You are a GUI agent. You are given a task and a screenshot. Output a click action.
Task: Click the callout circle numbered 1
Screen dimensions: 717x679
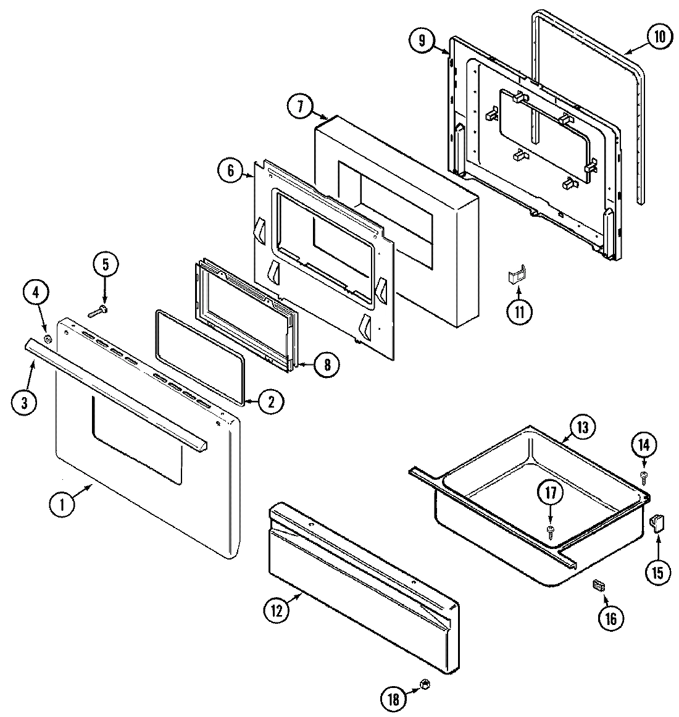pos(61,505)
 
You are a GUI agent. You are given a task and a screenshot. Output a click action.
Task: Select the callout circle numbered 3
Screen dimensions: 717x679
pos(24,403)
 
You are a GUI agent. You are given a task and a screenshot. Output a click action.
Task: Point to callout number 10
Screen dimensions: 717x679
pos(659,37)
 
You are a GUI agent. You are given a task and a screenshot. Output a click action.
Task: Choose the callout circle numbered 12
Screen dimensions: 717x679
pos(276,611)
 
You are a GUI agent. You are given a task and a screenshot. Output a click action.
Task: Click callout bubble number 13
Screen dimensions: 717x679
pos(585,426)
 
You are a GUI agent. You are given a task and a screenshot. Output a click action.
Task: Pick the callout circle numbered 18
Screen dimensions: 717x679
pos(393,699)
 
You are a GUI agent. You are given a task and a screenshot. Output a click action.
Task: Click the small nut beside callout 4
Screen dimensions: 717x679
pos(48,338)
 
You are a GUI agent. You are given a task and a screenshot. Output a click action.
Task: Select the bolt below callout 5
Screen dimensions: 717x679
pos(98,311)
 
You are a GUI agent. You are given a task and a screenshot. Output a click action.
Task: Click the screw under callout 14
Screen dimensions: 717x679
pos(644,474)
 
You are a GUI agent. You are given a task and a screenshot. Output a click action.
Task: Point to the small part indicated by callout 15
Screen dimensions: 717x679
pos(656,524)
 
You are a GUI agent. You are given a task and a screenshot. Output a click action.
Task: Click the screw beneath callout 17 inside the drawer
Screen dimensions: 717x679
pos(549,530)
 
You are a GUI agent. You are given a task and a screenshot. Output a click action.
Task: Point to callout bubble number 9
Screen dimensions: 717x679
pos(422,41)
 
